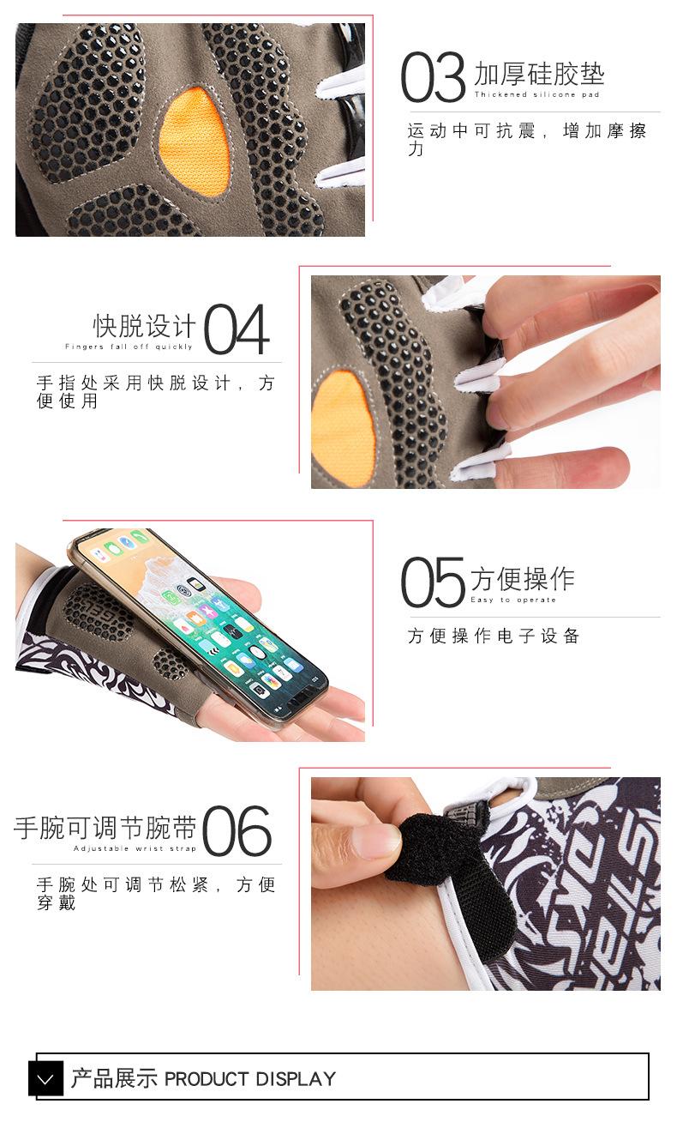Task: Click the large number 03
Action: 433,78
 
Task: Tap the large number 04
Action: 237,330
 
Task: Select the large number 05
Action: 433,582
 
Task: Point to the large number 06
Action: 237,831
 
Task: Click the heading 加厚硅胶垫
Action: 539,75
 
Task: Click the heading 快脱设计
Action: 145,326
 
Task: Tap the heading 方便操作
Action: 522,579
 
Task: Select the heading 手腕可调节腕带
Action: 105,828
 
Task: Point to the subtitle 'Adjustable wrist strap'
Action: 135,848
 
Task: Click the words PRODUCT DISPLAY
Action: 250,1078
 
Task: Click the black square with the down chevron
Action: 46,1078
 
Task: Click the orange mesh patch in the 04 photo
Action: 343,427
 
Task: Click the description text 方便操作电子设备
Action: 494,636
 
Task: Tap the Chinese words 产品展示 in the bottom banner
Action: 114,1078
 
